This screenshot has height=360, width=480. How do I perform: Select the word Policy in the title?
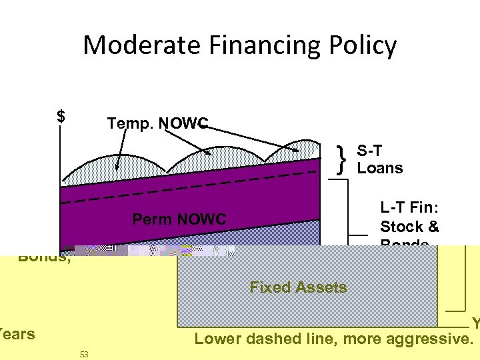click(363, 45)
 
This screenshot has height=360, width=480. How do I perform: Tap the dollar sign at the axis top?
click(61, 117)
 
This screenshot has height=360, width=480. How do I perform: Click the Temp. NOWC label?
click(157, 123)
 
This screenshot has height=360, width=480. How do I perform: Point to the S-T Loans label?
click(380, 159)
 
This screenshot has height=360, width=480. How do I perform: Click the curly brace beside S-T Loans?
click(342, 159)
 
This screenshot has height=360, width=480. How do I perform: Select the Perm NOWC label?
click(179, 219)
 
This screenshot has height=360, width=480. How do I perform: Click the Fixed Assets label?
click(298, 287)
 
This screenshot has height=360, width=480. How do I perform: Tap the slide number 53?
click(84, 353)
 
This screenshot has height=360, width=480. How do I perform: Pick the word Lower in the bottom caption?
click(214, 339)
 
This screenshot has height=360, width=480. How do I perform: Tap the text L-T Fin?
click(407, 207)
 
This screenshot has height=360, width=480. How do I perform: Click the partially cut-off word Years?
click(17, 333)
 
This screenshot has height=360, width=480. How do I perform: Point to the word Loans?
click(380, 167)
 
